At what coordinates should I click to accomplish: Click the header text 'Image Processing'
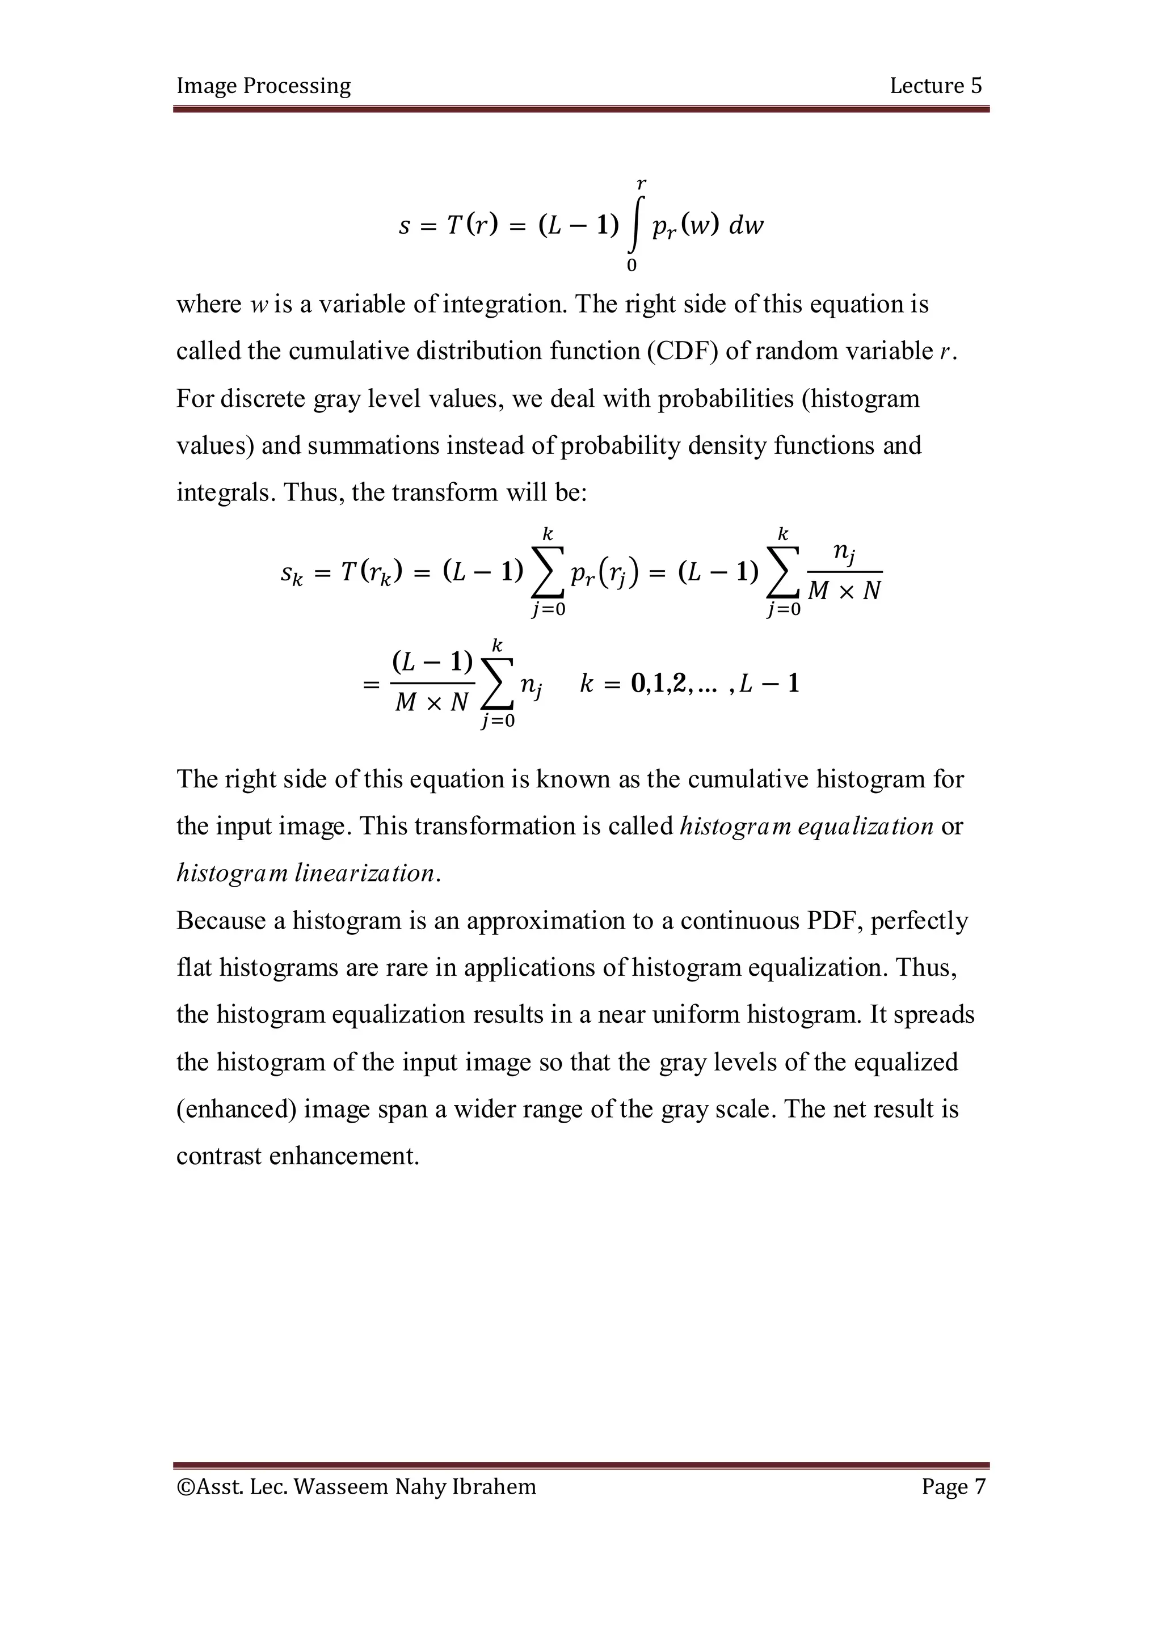263,86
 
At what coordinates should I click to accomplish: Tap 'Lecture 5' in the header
935,86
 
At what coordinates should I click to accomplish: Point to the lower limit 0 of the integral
631,265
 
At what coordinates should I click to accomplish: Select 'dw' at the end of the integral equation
746,226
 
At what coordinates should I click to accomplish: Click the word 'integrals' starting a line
225,492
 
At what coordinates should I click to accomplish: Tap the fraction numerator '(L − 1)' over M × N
432,661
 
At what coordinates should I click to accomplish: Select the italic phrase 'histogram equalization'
806,827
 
